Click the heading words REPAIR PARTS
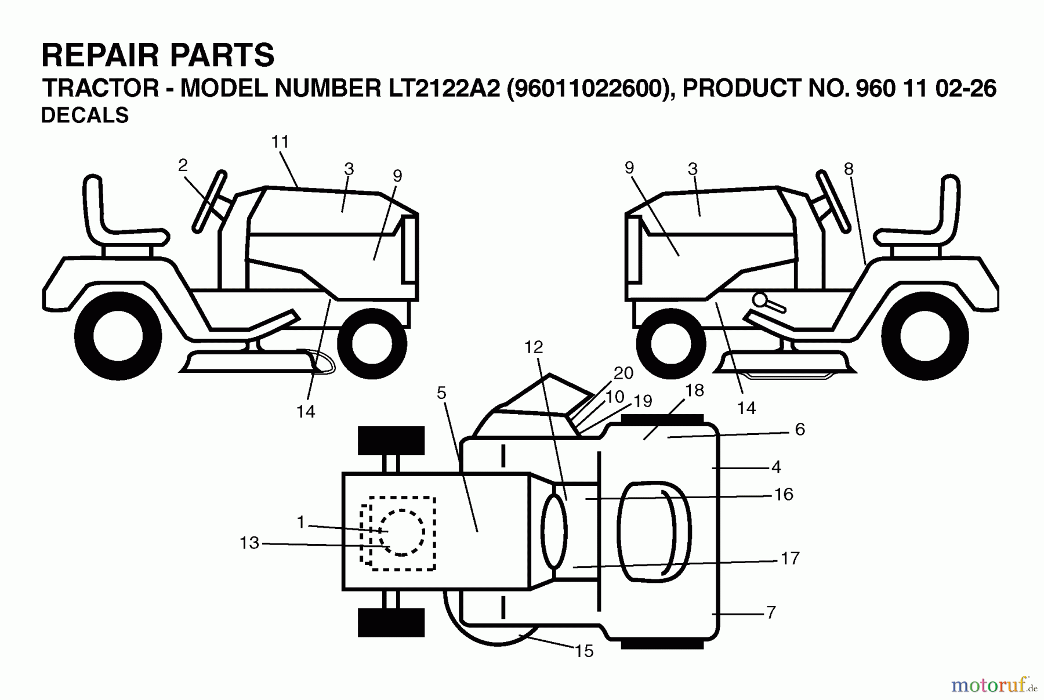[158, 56]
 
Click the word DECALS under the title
[85, 115]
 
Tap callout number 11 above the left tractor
[280, 142]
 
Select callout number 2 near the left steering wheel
[183, 166]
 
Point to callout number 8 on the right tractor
[849, 169]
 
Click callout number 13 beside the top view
[249, 543]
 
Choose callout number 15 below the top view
[584, 651]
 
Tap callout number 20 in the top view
[623, 373]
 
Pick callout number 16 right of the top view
[784, 494]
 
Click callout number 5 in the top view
[441, 393]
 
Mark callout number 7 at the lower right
[771, 612]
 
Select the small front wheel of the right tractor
[670, 343]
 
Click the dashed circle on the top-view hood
[401, 532]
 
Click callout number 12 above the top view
[534, 347]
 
